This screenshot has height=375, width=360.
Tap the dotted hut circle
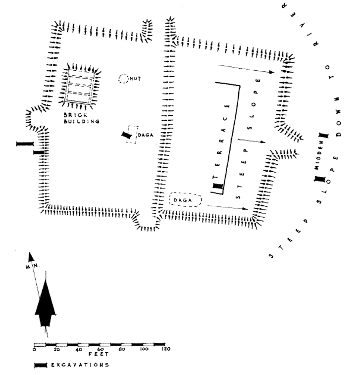click(x=123, y=79)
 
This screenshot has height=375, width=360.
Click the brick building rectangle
click(x=81, y=87)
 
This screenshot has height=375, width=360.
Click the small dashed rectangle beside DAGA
click(x=132, y=135)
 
